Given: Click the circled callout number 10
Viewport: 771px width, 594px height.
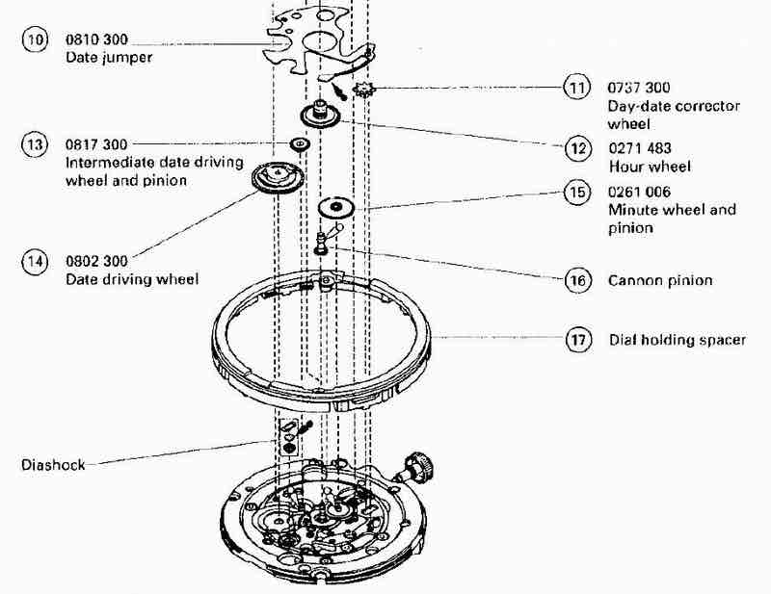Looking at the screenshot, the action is click(x=35, y=39).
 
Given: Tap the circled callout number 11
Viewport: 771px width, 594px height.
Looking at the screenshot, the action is click(x=576, y=88).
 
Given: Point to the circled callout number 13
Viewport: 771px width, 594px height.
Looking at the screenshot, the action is click(x=35, y=144).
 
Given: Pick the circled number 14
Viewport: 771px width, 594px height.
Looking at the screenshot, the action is click(x=35, y=261).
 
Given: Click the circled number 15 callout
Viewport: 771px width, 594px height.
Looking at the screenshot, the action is click(x=576, y=193).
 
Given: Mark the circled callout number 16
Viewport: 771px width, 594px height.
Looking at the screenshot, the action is click(x=577, y=280).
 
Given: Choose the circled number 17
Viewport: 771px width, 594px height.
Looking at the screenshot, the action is click(x=578, y=340).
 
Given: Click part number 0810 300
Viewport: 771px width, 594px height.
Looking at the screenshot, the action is click(x=96, y=39).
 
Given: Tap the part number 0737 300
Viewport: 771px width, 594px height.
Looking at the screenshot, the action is click(x=639, y=88).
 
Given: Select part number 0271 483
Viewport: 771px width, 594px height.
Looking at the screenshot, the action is click(x=640, y=148).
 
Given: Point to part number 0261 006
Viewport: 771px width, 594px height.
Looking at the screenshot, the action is click(x=639, y=192).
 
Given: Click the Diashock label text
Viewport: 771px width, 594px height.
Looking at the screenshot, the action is click(x=53, y=465).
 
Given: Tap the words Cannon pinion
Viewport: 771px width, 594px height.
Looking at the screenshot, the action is click(x=660, y=280).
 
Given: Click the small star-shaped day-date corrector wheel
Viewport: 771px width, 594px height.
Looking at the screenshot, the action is click(x=364, y=90).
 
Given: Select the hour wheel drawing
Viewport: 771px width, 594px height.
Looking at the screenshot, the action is click(x=320, y=114).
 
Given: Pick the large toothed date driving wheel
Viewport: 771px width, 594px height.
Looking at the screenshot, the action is click(x=278, y=177).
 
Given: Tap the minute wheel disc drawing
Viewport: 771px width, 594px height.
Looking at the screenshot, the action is click(x=336, y=207).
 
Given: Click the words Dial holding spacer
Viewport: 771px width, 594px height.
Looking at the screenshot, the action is click(x=678, y=340).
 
